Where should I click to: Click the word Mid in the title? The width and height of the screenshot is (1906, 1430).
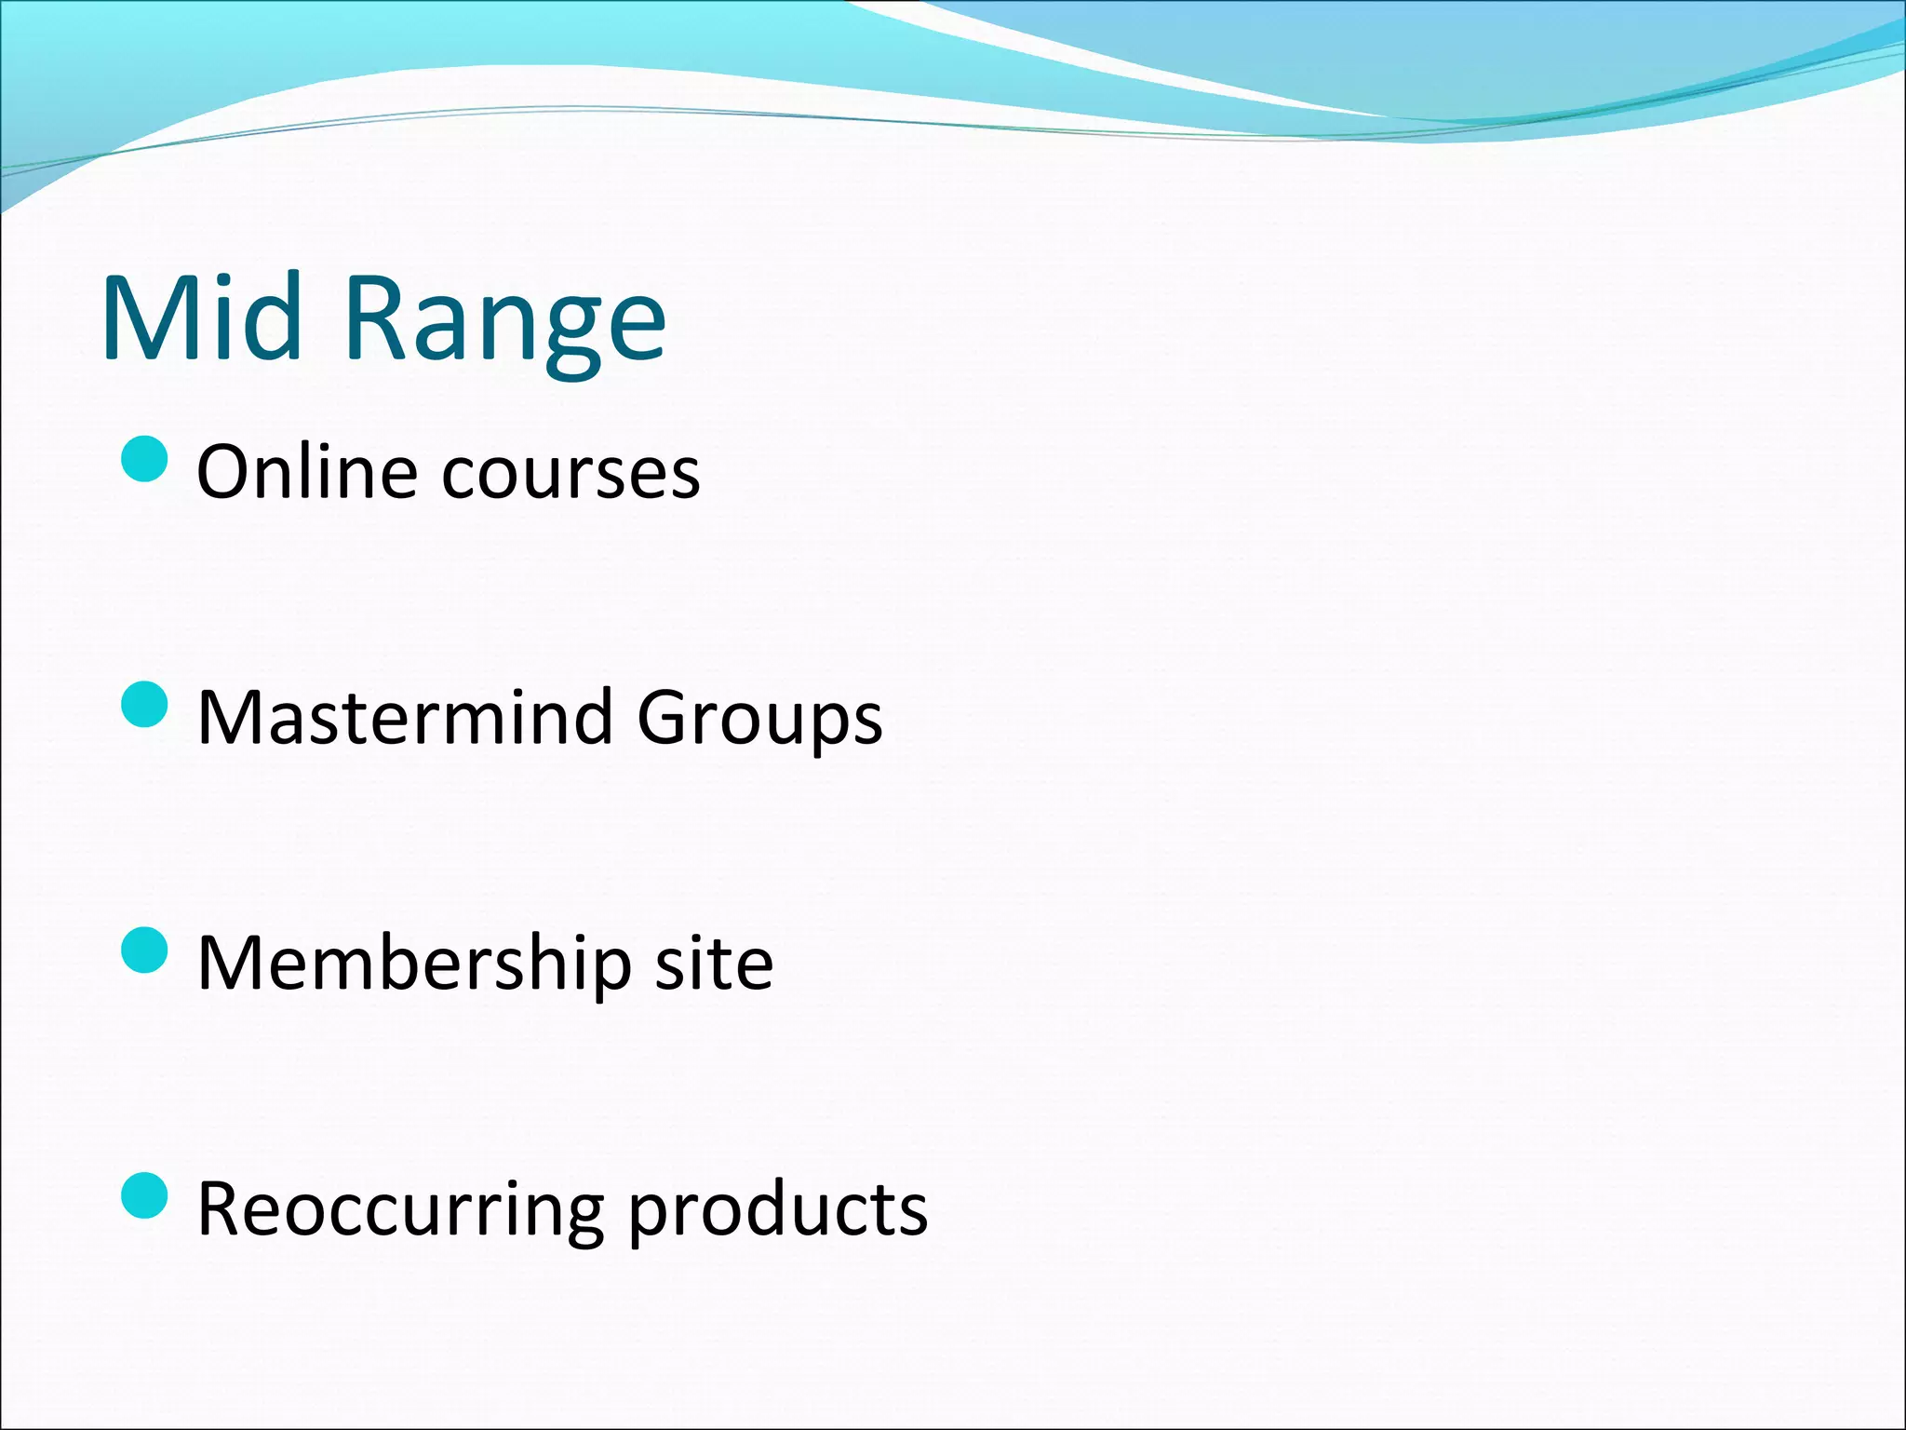202,317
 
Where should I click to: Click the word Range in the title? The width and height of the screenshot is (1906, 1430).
505,321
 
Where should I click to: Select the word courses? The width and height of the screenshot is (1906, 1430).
570,475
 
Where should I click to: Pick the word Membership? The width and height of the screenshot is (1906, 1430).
414,963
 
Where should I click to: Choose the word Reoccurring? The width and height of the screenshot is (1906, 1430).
401,1210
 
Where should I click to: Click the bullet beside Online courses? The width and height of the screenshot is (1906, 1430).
145,459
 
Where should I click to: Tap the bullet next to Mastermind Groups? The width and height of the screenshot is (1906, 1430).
145,705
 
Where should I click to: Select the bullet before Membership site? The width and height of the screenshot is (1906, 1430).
145,950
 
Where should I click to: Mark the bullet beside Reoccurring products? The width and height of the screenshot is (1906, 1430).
145,1195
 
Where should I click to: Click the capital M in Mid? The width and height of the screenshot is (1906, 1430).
146,317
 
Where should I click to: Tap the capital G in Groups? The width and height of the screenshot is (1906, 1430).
662,717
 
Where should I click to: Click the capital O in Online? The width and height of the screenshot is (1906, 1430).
226,472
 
